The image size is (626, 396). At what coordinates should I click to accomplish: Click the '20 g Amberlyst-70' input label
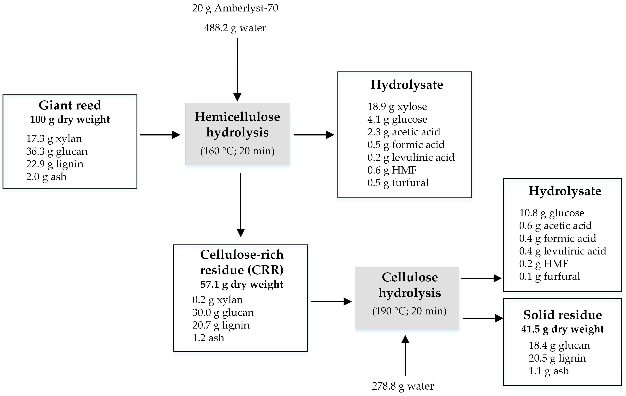[x=235, y=8]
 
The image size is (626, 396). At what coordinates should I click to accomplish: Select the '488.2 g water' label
[x=235, y=28]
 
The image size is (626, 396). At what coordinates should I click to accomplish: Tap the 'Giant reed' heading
[x=70, y=105]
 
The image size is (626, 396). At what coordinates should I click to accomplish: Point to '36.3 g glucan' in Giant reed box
[x=57, y=151]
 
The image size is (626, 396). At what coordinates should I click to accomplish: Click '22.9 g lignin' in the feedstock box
[x=55, y=164]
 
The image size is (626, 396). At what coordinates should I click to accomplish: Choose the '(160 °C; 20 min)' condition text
[x=237, y=151]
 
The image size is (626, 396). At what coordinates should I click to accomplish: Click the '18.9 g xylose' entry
[x=397, y=106]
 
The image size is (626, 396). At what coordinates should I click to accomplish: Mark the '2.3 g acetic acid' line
[x=403, y=132]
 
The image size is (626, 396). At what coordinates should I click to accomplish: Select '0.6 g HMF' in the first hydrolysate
[x=392, y=170]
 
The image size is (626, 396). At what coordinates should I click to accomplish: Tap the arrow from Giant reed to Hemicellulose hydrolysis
[x=160, y=135]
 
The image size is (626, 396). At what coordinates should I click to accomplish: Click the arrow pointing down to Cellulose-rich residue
[x=241, y=205]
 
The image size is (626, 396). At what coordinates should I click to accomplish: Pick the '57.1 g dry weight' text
[x=242, y=284]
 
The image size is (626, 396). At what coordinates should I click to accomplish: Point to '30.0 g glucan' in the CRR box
[x=223, y=312]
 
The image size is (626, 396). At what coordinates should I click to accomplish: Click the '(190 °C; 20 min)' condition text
[x=409, y=311]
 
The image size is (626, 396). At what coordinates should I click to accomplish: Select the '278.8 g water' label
[x=403, y=386]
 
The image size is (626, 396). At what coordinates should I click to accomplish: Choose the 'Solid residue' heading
[x=563, y=315]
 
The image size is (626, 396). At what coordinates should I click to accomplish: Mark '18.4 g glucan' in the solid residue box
[x=559, y=345]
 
